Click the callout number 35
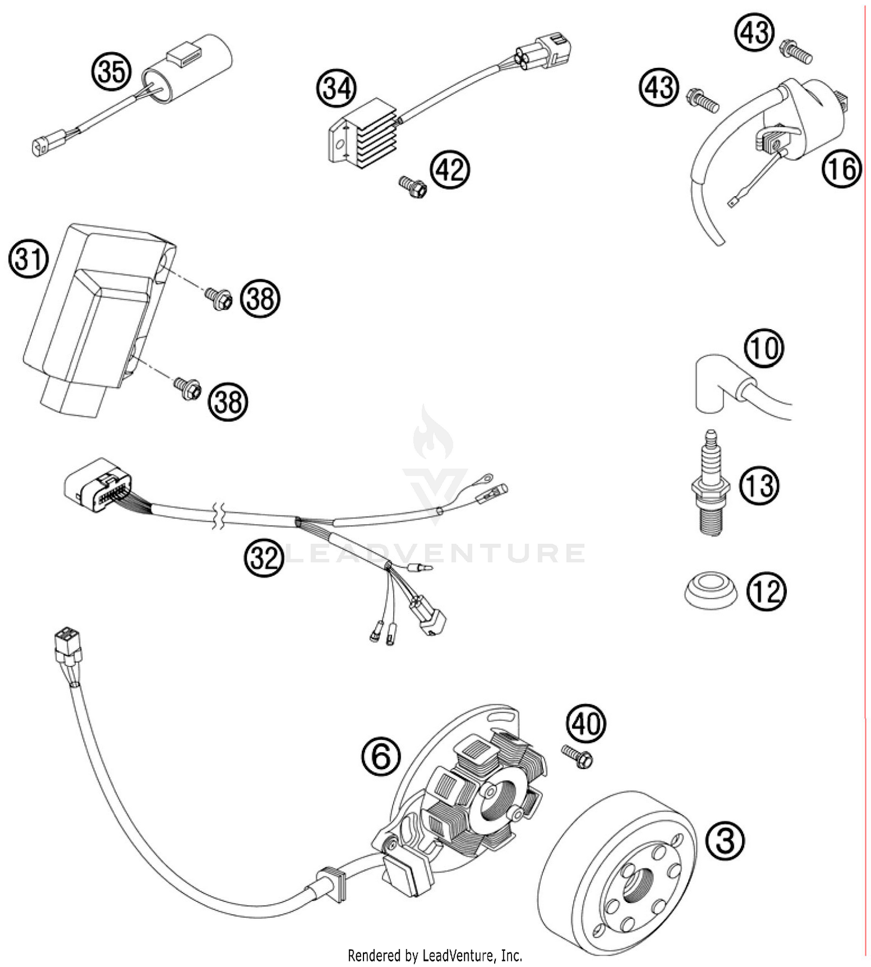tap(110, 73)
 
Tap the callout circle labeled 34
tap(336, 89)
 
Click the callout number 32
tap(264, 558)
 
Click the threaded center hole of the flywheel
tap(634, 886)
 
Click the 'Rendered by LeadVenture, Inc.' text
tap(435, 955)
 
